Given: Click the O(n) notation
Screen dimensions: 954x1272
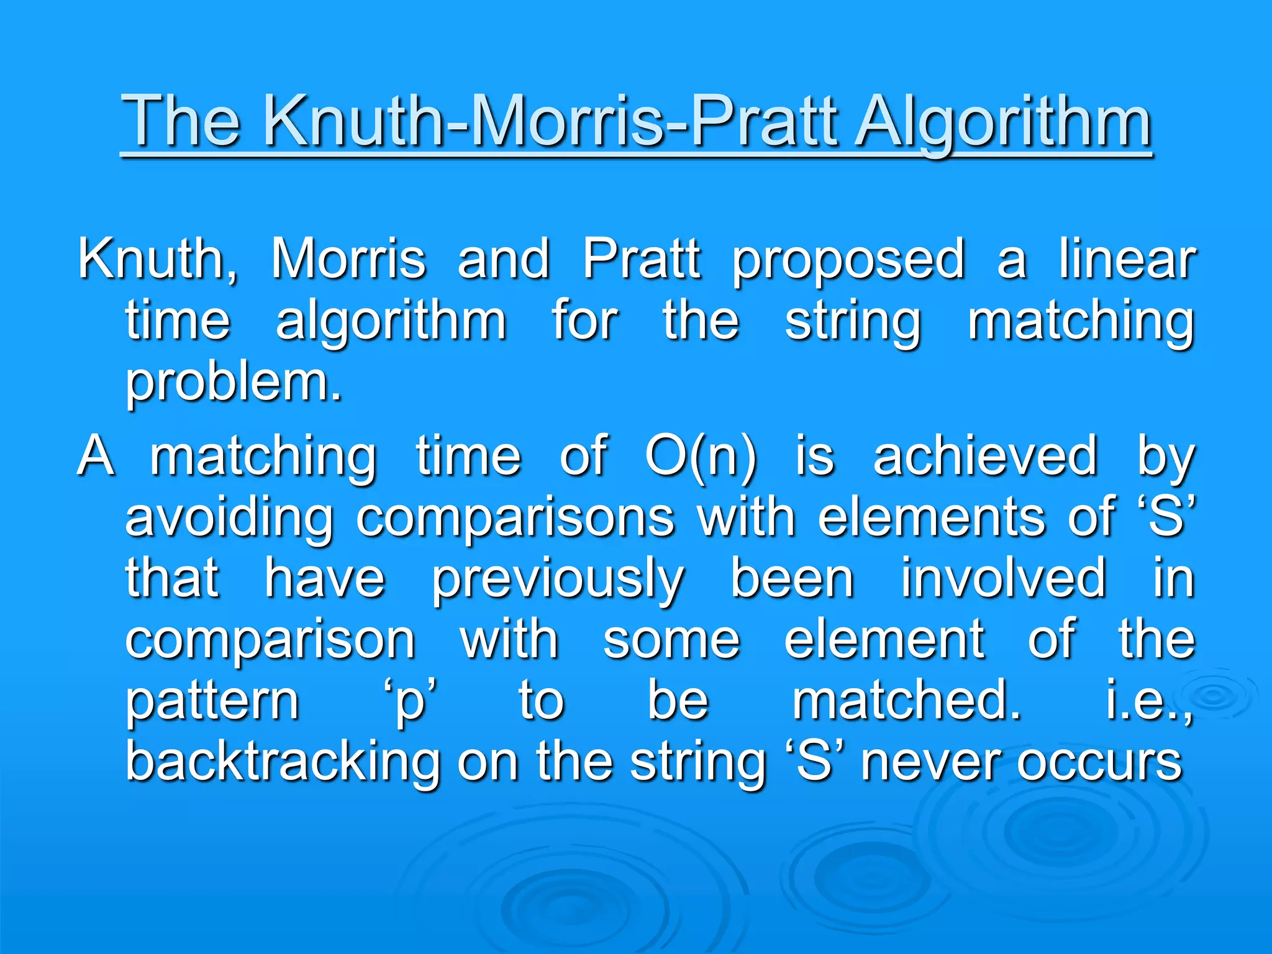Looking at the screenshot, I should pos(701,457).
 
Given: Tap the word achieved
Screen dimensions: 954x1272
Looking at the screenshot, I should pos(985,457).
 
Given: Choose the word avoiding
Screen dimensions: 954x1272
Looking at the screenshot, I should pos(229,518).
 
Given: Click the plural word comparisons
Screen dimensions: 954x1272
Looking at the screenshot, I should pos(515,518).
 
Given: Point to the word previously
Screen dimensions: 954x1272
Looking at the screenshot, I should pos(557,579).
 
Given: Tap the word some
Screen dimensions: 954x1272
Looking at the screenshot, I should pos(671,640).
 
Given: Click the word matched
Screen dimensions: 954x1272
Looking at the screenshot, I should pos(906,700).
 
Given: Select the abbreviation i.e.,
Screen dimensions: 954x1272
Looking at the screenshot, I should pos(1149,700).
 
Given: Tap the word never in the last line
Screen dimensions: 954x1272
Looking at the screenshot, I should pos(931,763).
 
